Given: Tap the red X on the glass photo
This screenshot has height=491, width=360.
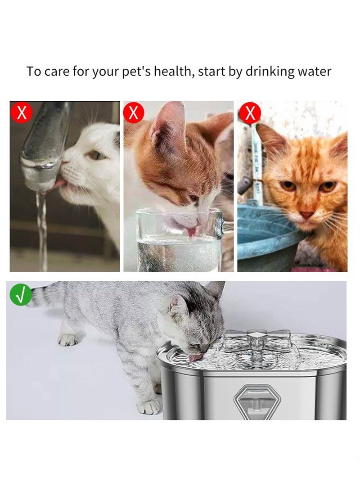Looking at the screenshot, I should click(133, 113).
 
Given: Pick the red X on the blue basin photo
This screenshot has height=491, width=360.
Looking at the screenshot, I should click(250, 113).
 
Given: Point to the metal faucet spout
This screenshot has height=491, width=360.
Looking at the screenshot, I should click(43, 149).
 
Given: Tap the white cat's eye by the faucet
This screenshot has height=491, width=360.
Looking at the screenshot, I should click(96, 155).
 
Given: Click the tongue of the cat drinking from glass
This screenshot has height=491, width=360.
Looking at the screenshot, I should click(191, 232).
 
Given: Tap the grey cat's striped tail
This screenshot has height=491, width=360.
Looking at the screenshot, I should click(45, 295).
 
